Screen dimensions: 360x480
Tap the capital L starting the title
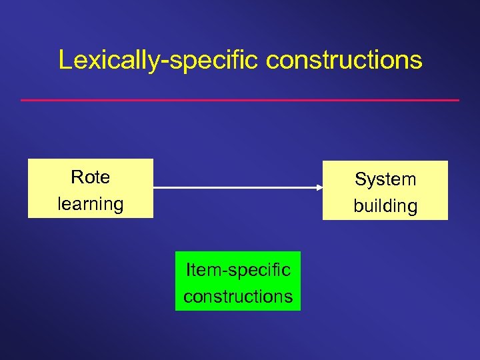tap(65, 60)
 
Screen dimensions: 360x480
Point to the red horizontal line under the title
tap(240, 100)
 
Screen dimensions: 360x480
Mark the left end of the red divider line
tap(22, 100)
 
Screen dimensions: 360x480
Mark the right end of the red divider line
tap(459, 100)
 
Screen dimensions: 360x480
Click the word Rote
tap(90, 177)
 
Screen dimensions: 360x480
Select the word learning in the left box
tap(91, 203)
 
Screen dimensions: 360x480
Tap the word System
tap(385, 179)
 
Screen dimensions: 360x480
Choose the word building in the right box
tap(385, 206)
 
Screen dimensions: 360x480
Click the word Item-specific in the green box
tap(238, 269)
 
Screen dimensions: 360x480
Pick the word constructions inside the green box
tap(238, 295)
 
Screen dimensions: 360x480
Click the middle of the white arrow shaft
tap(237, 188)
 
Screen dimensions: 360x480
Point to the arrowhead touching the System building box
tap(319, 188)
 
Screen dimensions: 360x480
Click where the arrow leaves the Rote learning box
tap(155, 188)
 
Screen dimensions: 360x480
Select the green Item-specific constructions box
tap(238, 281)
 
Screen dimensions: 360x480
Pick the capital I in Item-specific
tap(188, 269)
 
